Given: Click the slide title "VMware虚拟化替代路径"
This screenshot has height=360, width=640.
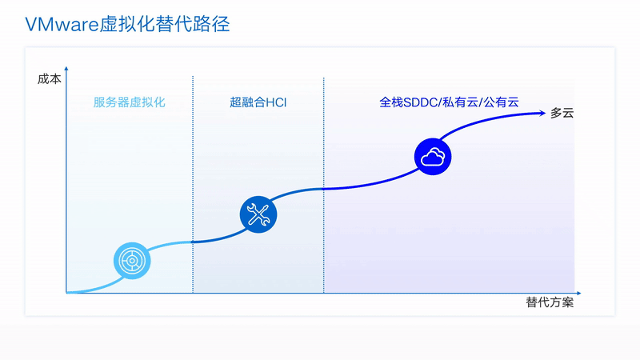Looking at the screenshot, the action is [x=127, y=24].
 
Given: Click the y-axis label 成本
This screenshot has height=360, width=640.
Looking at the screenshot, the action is [x=50, y=78].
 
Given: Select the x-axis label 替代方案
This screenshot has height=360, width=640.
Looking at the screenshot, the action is [x=550, y=302].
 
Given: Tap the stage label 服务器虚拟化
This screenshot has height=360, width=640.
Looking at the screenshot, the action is [x=129, y=102].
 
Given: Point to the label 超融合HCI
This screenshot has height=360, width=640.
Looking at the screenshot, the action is [x=258, y=102].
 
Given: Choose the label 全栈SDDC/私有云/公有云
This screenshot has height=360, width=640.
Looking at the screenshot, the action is [x=449, y=102].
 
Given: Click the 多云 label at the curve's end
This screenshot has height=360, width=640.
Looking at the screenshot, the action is [x=562, y=113].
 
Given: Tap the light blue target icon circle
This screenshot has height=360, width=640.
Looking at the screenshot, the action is [x=132, y=261].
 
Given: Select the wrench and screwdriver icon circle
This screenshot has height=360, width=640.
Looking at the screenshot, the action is [x=258, y=214].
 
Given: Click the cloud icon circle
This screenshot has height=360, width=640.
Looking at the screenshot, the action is [x=433, y=157].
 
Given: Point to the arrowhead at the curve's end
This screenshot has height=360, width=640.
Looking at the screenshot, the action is [x=542, y=113].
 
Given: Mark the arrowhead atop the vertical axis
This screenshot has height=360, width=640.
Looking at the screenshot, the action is [x=66, y=70].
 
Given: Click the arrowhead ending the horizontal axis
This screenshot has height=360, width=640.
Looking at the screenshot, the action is [x=578, y=293].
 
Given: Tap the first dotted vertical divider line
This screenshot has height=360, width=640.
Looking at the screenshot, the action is [x=193, y=184].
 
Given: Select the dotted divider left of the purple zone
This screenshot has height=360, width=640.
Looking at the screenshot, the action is [x=324, y=185].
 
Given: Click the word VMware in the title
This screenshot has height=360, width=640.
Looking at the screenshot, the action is [x=62, y=25].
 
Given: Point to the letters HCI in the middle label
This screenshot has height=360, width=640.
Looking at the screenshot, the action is [x=276, y=102].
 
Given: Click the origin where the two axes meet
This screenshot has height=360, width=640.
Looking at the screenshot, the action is [x=66, y=293].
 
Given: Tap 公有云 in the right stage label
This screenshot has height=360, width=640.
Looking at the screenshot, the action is [x=502, y=102].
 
